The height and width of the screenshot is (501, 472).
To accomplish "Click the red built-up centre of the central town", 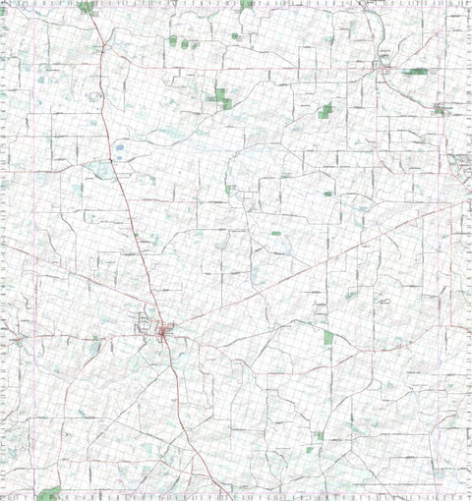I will (x=162, y=334).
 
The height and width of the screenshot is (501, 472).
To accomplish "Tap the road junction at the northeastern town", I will (x=383, y=69).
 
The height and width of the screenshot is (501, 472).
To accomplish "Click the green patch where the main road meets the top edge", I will (x=87, y=7).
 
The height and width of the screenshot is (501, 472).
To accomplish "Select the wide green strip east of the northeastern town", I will (x=416, y=72).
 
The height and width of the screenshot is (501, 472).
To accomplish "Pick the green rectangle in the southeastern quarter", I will (x=328, y=337).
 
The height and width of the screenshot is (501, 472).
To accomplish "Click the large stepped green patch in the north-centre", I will (x=221, y=95).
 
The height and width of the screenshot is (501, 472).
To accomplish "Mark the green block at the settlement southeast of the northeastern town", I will (x=439, y=110).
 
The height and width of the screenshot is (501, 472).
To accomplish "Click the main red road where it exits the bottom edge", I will (x=228, y=496).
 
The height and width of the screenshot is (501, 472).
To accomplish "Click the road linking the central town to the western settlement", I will (x=88, y=337).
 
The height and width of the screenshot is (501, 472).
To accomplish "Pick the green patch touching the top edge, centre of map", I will (x=246, y=4).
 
